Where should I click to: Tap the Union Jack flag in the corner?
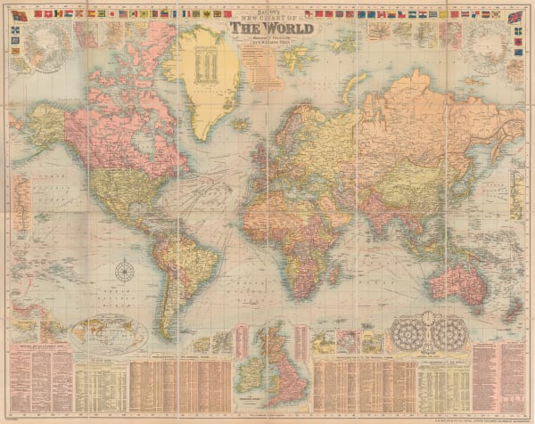click(514, 18)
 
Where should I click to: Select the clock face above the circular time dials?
click(428, 316)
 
